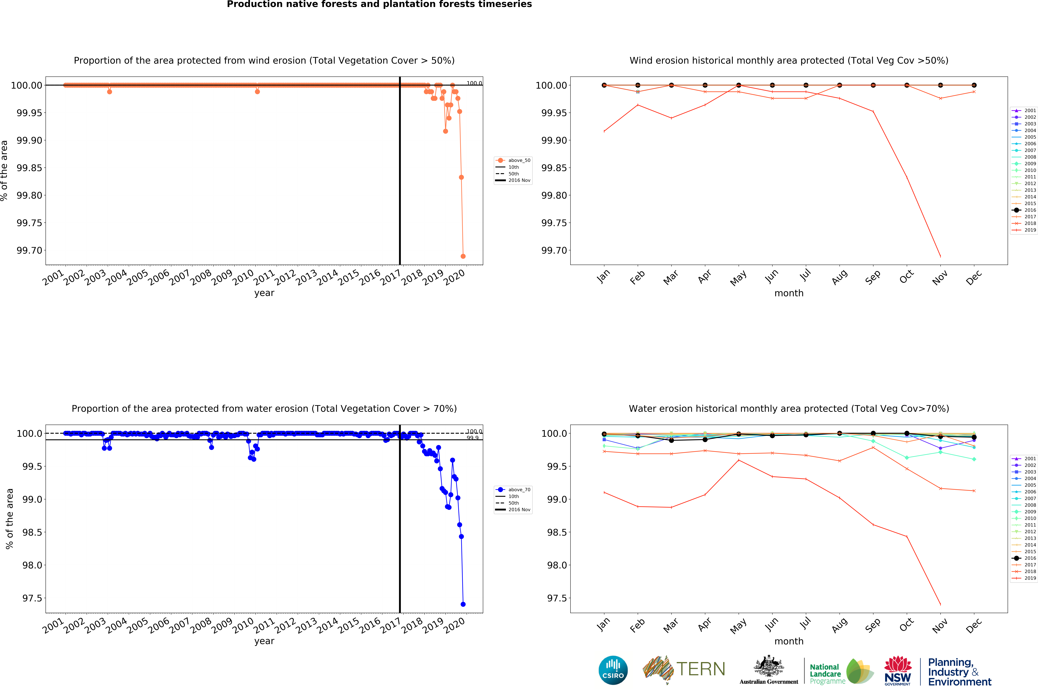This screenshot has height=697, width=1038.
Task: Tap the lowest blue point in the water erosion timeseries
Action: [x=463, y=604]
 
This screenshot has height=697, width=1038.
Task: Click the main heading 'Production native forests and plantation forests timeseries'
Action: [x=379, y=4]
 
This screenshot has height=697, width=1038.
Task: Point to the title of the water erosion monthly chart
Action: [x=788, y=408]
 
